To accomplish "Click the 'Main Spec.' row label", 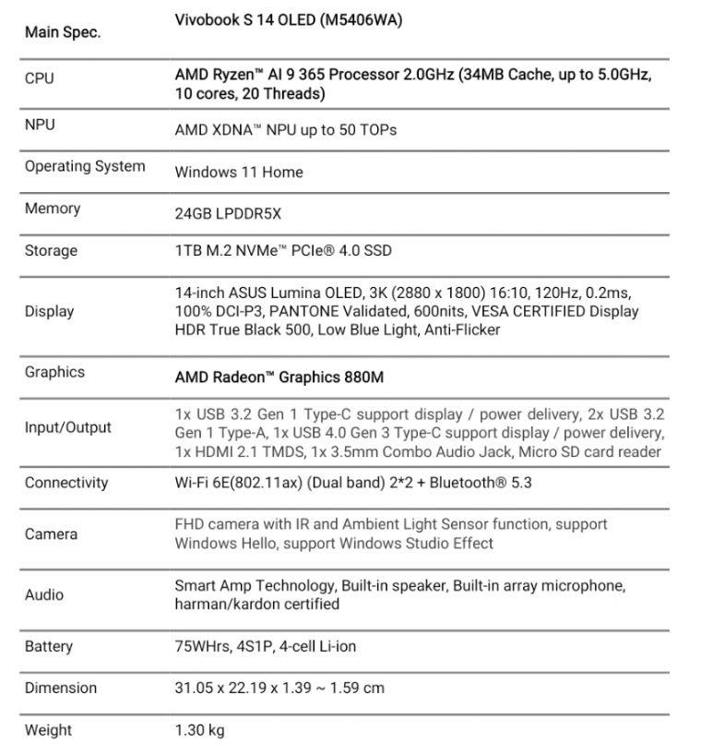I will point(63,32).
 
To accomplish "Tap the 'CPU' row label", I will point(39,78).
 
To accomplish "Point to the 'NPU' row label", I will point(40,124).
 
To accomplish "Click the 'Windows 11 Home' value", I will point(238,172).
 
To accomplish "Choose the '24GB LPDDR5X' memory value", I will point(228,213).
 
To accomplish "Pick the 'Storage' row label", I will point(51,250).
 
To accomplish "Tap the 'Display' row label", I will point(49,311).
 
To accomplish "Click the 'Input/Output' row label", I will point(67,427).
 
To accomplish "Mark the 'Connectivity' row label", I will point(66,483).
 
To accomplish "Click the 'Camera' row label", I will point(51,533).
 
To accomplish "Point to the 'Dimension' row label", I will point(60,688).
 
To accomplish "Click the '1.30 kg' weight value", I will point(199,730).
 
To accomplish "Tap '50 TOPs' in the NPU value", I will point(367,130).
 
